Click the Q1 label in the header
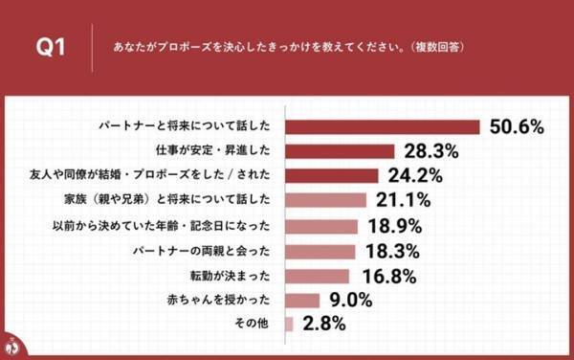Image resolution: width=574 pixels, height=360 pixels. pyautogui.click(x=49, y=46)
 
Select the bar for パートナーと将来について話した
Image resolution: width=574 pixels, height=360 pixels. pyautogui.click(x=383, y=126)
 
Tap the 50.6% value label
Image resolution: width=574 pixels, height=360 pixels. pyautogui.click(x=517, y=126)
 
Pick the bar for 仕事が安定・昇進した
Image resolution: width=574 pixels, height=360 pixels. pyautogui.click(x=340, y=151)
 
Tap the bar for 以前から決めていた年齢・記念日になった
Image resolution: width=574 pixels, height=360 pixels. pyautogui.click(x=321, y=227)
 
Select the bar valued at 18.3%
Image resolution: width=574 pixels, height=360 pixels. pyautogui.click(x=320, y=252)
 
